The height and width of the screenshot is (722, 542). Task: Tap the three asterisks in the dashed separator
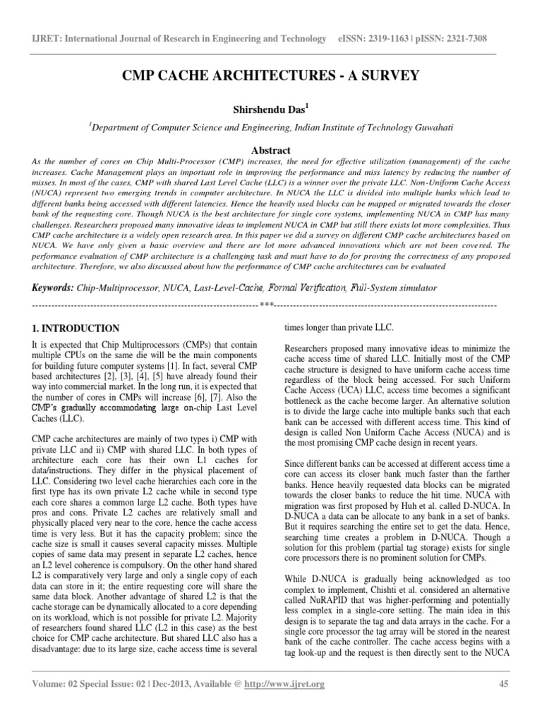pyautogui.click(x=266, y=305)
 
